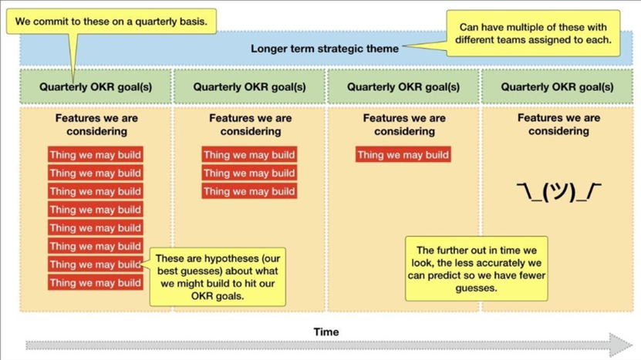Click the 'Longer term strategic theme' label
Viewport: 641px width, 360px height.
point(325,49)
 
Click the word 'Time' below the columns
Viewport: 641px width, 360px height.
point(326,331)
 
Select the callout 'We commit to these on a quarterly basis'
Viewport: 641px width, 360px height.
point(111,22)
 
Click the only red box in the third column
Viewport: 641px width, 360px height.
point(403,155)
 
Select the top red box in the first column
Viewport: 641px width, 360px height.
point(95,155)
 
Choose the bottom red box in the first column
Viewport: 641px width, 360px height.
point(95,283)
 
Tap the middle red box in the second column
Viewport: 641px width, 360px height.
point(249,173)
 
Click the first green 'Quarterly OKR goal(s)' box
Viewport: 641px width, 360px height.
point(96,87)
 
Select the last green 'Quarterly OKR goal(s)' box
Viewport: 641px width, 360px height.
point(558,87)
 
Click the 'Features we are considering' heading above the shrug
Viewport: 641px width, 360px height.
point(558,125)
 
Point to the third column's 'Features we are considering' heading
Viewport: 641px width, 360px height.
point(404,125)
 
